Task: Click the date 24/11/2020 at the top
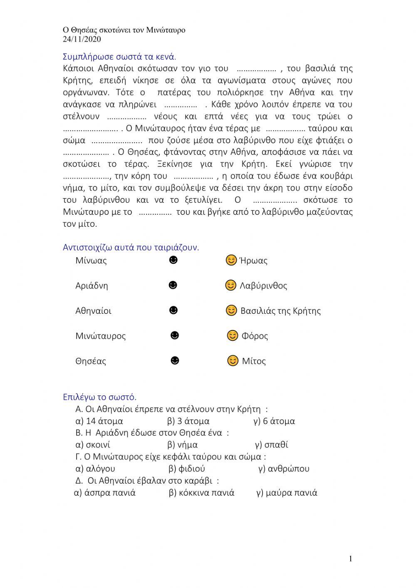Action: tap(82, 40)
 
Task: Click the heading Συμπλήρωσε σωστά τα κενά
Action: tap(119, 57)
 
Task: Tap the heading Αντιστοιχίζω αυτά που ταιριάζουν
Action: tap(131, 248)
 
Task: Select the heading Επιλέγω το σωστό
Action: tap(99, 397)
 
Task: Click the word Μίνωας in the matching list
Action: tap(91, 261)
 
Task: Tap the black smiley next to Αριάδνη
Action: tap(173, 285)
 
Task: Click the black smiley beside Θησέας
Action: tap(175, 360)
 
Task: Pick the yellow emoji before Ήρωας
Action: tap(231, 261)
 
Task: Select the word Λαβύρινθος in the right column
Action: tap(263, 286)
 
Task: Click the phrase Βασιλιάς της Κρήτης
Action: tap(280, 311)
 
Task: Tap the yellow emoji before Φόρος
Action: tap(233, 335)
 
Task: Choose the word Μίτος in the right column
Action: tap(254, 361)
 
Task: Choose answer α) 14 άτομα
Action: tap(99, 421)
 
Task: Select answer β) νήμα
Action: tap(182, 445)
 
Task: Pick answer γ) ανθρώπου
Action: tap(284, 469)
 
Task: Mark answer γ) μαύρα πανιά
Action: tap(287, 493)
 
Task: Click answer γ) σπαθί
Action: tap(271, 445)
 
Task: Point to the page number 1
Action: tap(350, 559)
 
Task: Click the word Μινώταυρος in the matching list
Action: tap(100, 336)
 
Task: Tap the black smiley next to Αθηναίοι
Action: tap(174, 310)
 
